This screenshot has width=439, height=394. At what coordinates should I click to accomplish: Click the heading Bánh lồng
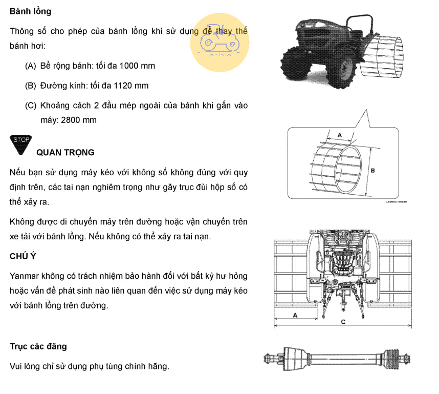coord(31,11)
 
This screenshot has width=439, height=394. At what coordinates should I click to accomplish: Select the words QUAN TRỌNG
coord(65,153)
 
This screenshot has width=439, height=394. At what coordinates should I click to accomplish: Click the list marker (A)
coord(30,66)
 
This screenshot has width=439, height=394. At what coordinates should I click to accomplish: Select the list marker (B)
coord(30,86)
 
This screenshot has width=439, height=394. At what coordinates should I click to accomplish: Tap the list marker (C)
coord(30,106)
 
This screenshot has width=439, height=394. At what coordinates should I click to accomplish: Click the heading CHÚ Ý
coord(23,256)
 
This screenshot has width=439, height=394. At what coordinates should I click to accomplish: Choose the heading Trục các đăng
coord(38,346)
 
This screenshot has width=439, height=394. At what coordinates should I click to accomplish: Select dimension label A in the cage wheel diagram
coord(340,134)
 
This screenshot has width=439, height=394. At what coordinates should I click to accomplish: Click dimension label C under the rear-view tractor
coord(343,321)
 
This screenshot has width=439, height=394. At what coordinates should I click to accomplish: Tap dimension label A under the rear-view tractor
coord(295,316)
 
